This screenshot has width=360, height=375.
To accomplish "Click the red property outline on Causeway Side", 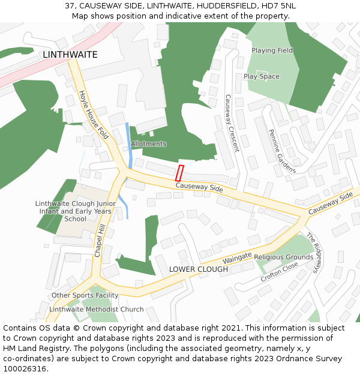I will tap(179, 173).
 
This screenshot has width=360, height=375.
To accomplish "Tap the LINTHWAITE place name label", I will tap(70, 55).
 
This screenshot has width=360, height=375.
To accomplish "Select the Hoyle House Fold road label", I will tap(94, 115).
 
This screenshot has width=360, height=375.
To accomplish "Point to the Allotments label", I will tap(148, 144).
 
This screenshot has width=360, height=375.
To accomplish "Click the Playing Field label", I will tap(272, 50).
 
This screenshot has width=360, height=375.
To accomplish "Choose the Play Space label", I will tap(262, 77).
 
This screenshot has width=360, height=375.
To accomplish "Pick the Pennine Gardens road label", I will tap(282, 151).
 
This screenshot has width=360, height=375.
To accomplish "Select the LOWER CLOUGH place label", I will tap(198, 269).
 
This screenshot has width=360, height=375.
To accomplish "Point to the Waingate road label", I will tap(237, 259).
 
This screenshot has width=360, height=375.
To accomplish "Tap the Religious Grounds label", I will tap(283, 257).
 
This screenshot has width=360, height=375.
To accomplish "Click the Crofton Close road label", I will tap(279, 272).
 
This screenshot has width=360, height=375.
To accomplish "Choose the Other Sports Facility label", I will tap(85, 295).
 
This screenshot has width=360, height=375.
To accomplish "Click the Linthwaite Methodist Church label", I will tap(96, 310).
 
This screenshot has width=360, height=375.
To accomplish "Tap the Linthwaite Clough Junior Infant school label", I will tap(76, 211).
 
